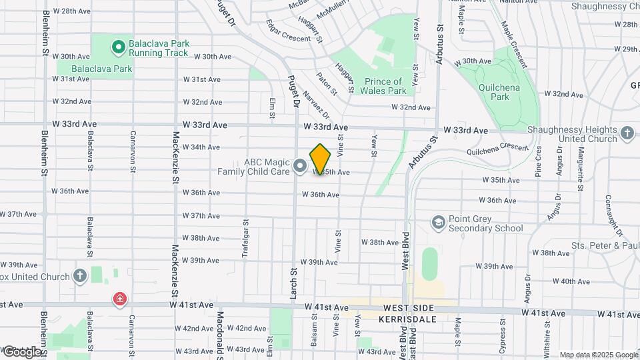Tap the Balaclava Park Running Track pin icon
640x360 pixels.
pos(118,47)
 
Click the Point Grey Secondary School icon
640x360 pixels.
pos(438,221)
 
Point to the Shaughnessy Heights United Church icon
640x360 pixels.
pos(627,133)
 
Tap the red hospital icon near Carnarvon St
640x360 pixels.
pos(120,299)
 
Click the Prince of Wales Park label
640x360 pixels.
pos(385,86)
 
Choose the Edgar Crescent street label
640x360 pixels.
pos(288,31)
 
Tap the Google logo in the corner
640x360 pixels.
pos(22,351)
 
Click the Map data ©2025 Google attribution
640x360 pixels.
pos(598,355)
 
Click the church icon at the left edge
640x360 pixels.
pos(79,276)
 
